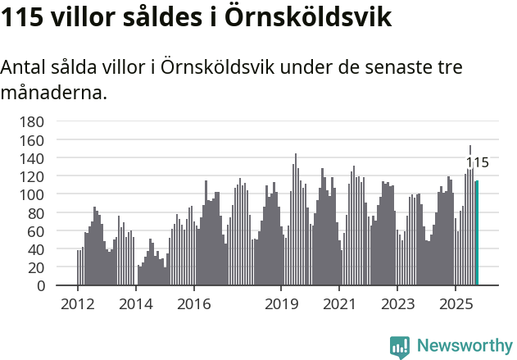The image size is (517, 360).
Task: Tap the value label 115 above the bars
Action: point(477,162)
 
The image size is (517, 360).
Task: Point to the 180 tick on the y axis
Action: point(32,121)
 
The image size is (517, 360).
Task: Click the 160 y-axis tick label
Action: point(32,139)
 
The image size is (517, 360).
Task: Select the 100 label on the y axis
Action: point(32,194)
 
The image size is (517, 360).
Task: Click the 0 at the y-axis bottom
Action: point(40,285)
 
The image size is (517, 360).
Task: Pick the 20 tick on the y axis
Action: point(36,267)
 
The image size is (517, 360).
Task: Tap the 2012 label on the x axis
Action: point(78,304)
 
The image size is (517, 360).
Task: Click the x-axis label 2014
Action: point(136,304)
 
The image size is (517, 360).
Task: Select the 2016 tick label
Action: point(193,304)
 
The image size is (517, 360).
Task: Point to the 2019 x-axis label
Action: point(281,304)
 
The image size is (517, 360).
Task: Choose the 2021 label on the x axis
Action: point(339,304)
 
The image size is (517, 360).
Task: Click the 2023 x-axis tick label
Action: point(397,304)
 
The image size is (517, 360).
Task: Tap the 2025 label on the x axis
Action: point(456,304)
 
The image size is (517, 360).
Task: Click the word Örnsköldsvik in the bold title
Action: point(300,17)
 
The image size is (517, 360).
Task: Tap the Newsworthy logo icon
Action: point(400,347)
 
